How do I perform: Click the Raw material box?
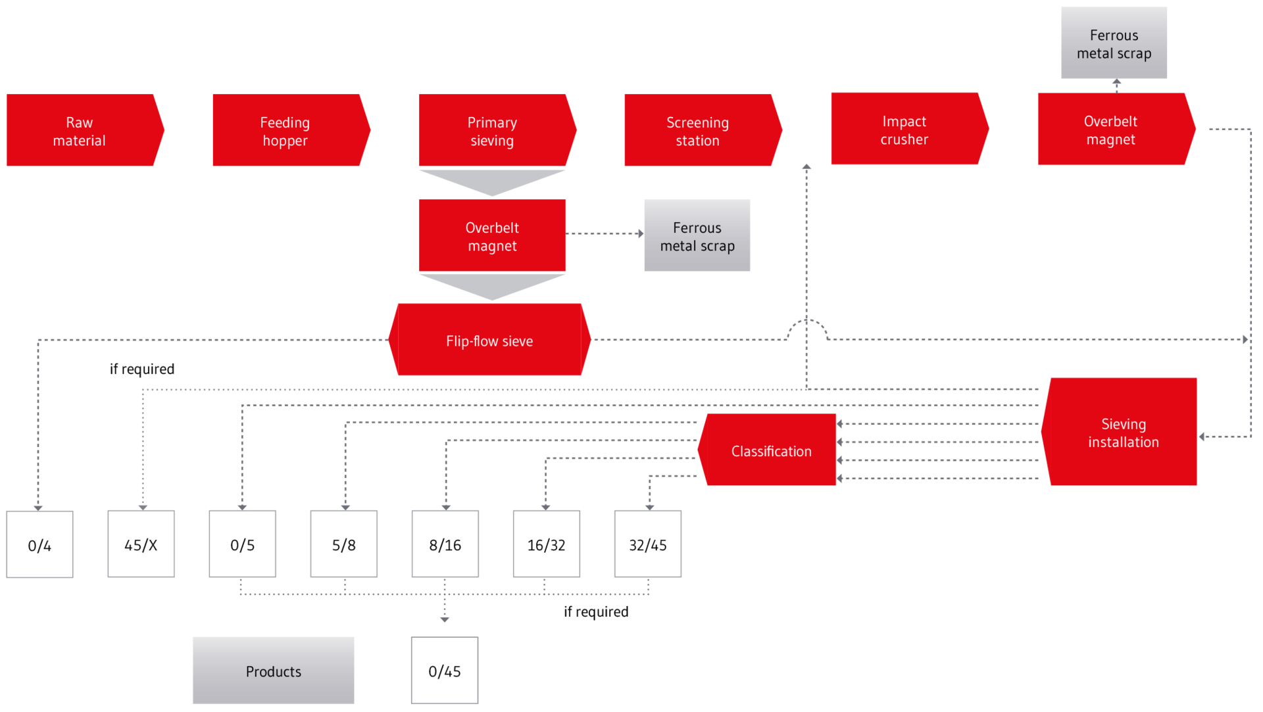80,130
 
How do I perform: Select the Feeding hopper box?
286,130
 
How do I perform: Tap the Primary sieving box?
493,130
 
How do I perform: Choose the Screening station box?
698,130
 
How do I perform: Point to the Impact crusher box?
904,129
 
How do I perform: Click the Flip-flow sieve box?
489,340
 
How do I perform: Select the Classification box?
770,450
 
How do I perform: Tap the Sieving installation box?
1122,432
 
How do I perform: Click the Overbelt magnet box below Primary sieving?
492,235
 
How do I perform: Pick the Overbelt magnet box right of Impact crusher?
1112,129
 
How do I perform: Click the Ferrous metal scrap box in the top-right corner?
1114,43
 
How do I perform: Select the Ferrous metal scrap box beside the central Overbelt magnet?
697,235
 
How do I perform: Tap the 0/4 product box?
39,544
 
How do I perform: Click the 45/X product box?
141,544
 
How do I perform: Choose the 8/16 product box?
445,544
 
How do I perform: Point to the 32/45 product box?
648,544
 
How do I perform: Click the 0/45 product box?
445,671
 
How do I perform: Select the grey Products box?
273,670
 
